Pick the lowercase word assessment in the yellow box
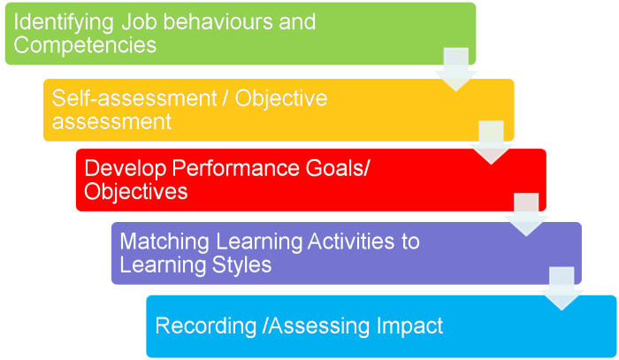pos(111,121)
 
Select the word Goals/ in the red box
pos(335,168)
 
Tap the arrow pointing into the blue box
pos(562,288)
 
